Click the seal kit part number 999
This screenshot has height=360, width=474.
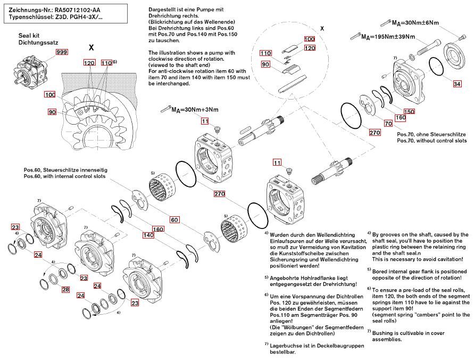[63, 52]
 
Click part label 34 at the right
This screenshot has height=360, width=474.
[457, 84]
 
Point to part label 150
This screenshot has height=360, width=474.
[409, 111]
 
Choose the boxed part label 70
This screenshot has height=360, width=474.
[388, 123]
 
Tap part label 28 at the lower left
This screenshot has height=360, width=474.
[65, 289]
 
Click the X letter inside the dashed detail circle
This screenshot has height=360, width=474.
[322, 27]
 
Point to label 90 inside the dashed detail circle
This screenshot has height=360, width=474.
[264, 64]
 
